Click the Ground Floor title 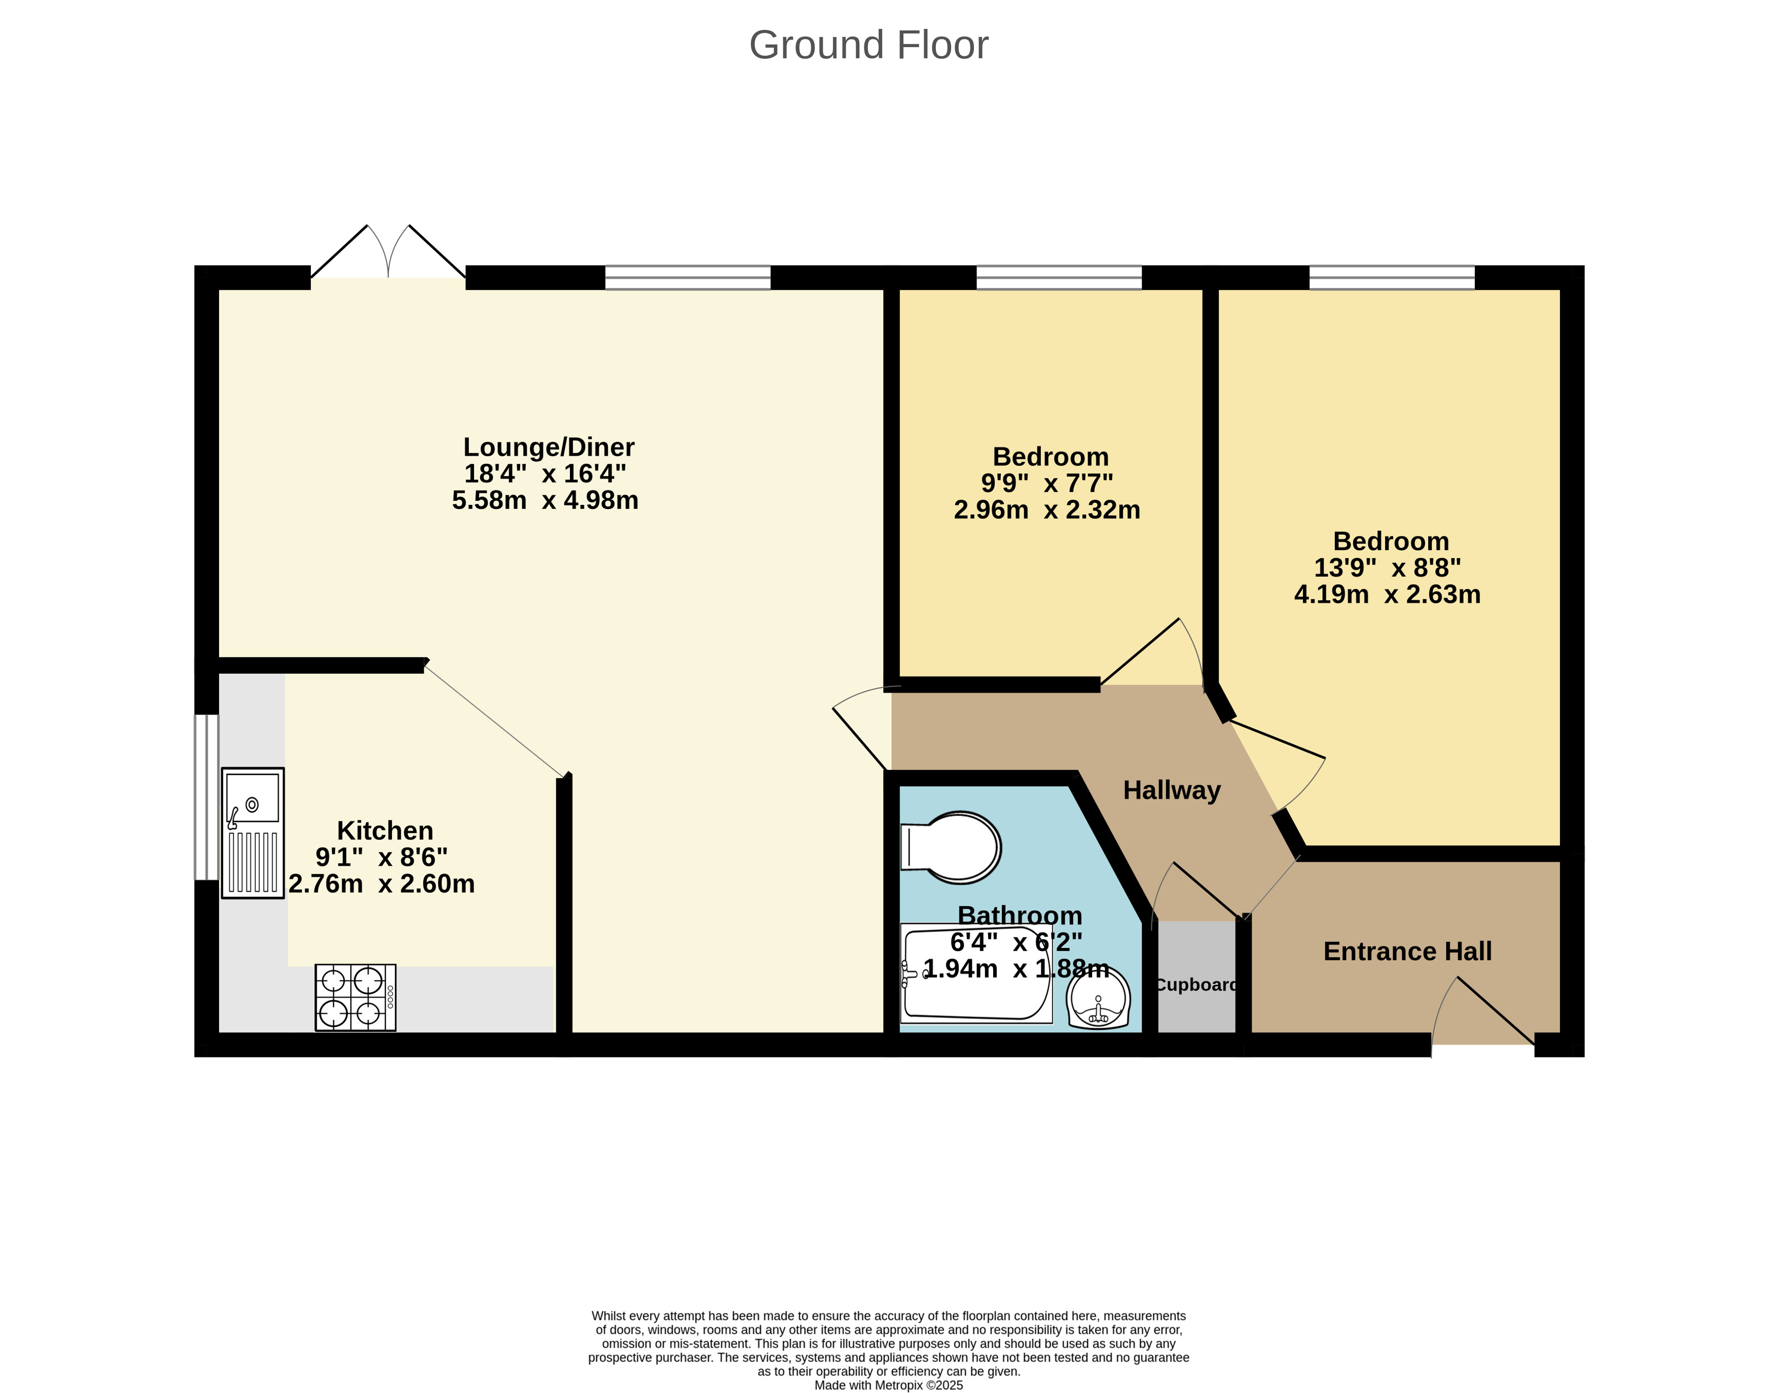(868, 45)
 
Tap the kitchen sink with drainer (253, 833)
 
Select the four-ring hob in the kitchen (355, 998)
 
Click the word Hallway (1171, 789)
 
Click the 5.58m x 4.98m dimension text (545, 500)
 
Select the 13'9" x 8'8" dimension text (1387, 568)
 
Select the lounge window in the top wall (687, 277)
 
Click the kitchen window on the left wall (206, 797)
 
